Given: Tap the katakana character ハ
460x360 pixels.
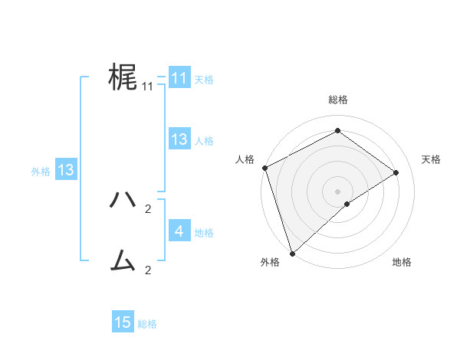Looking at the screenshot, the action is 123,200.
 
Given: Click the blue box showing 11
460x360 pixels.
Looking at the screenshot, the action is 179,78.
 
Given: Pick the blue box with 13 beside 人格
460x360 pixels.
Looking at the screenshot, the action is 179,139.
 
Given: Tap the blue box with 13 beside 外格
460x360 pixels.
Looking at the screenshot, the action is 65,170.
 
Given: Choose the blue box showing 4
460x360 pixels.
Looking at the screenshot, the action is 179,231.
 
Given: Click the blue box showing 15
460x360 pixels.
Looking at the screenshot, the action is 123,322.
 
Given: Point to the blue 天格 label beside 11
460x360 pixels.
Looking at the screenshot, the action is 204,79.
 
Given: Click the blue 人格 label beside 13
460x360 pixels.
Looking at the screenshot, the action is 204,140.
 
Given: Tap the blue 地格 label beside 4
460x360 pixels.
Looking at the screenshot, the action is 204,232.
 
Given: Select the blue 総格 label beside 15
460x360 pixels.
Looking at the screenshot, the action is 147,324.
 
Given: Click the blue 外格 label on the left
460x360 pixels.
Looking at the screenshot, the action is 41,172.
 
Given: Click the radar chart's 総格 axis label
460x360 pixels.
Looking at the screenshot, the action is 337,100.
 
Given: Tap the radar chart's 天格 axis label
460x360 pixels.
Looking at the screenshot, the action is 432,159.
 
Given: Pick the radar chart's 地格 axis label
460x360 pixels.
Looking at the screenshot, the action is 402,262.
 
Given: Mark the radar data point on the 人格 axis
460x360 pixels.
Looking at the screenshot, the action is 264,168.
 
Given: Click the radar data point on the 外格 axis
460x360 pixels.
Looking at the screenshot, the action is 292,253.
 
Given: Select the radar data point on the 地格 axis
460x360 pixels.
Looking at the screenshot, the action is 347,204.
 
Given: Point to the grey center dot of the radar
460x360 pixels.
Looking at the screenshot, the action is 337,191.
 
